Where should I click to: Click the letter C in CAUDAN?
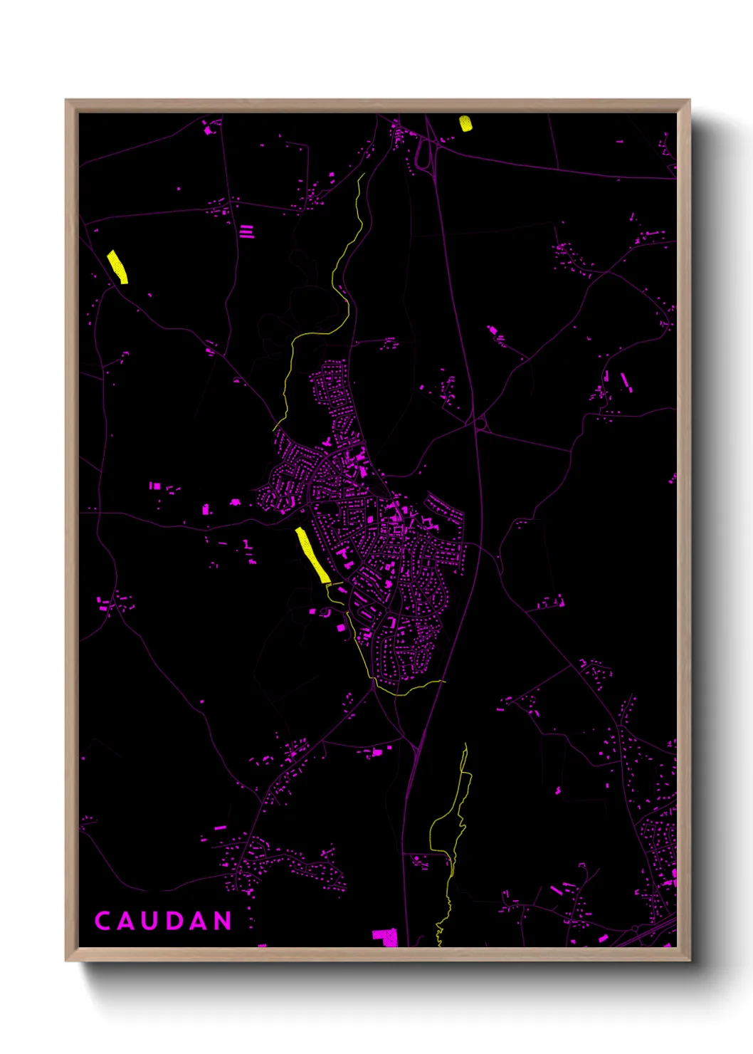(x=102, y=921)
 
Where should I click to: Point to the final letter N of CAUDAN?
(x=223, y=921)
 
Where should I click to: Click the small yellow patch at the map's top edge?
(x=465, y=123)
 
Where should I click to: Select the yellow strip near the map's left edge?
(x=117, y=266)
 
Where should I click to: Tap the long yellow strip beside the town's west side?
(x=312, y=555)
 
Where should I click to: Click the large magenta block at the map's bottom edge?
(x=385, y=937)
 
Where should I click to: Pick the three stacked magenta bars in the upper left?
(x=246, y=231)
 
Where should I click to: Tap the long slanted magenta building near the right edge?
(x=625, y=381)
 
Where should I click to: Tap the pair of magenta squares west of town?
(x=154, y=486)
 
